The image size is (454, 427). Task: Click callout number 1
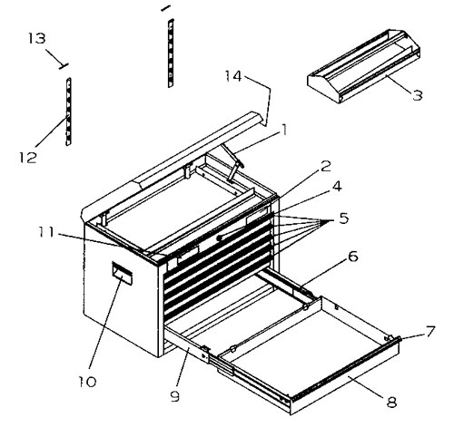pyautogui.click(x=285, y=129)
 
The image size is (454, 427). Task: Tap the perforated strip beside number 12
pyautogui.click(x=68, y=112)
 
